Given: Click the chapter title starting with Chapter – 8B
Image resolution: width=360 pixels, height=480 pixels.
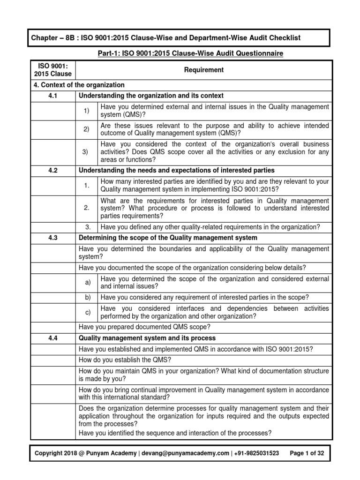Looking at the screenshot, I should tap(166, 37).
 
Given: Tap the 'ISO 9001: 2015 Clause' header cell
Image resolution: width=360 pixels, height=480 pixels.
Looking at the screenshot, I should tap(52, 70).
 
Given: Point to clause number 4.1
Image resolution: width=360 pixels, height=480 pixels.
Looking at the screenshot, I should tap(52, 96).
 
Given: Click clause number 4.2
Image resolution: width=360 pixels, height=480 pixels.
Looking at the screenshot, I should tap(52, 170).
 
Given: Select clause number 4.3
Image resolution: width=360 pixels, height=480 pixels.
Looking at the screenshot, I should tap(52, 238).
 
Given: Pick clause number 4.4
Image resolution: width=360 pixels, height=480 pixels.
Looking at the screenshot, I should tap(52, 338).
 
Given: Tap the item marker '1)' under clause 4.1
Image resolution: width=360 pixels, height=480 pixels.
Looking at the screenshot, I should tap(86, 111).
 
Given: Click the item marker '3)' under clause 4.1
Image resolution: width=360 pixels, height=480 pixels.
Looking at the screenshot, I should tap(86, 152).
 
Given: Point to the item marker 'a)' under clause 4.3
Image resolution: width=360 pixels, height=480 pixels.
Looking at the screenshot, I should tap(87, 282).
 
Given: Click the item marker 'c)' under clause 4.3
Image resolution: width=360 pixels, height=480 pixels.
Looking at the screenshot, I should tap(87, 312).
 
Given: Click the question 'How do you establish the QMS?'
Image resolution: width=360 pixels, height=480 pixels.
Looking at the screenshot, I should tap(125, 360).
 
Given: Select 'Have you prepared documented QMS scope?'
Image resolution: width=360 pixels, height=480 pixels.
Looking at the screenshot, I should tap(144, 327).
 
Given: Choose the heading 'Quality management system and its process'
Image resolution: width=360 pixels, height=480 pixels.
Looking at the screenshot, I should tap(147, 338).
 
